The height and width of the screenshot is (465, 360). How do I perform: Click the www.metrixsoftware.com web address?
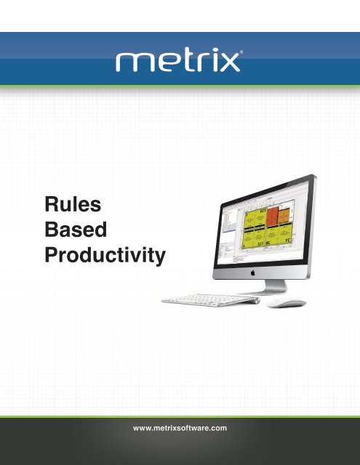pyautogui.click(x=180, y=428)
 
